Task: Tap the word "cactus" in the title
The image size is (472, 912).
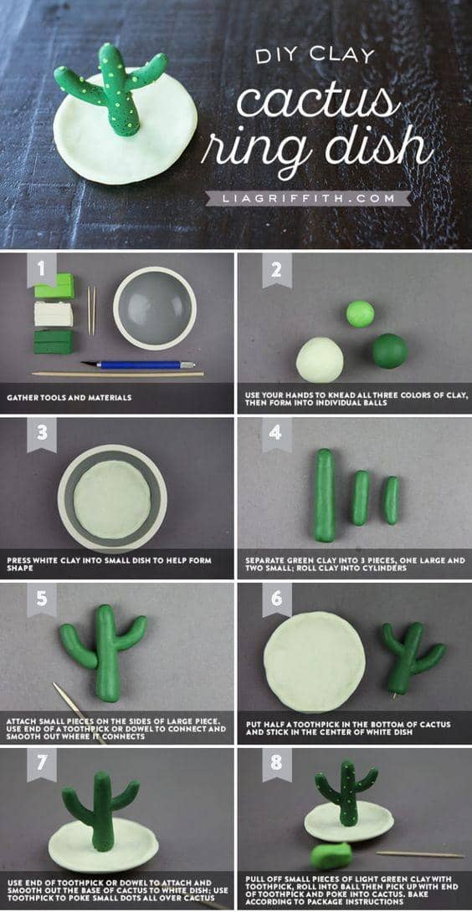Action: [318, 101]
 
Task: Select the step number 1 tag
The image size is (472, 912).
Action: [42, 269]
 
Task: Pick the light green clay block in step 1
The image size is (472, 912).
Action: [54, 286]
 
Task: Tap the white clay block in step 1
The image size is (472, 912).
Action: [54, 314]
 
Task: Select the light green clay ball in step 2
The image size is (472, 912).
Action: [360, 314]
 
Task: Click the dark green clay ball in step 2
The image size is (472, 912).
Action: [390, 351]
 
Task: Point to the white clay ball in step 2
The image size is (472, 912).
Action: [320, 360]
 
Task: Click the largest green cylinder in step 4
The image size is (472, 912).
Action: [325, 495]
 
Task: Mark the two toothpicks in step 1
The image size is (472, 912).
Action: [91, 310]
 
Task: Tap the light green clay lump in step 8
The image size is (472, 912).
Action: [331, 857]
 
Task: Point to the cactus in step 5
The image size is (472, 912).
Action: [103, 651]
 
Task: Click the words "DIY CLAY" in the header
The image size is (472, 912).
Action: [315, 56]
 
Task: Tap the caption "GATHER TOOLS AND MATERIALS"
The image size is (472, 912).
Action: [69, 398]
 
